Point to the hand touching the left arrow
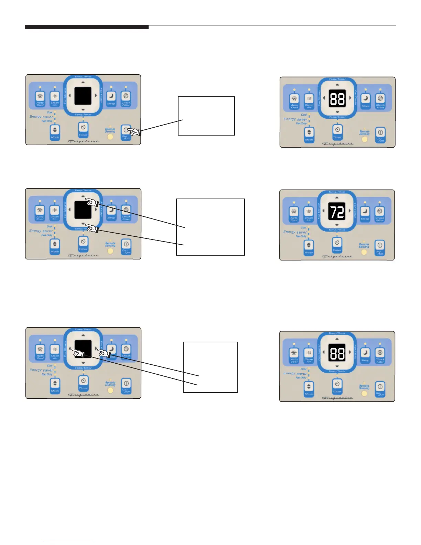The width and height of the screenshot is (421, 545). pos(78,353)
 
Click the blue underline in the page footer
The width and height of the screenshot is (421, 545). pos(68,542)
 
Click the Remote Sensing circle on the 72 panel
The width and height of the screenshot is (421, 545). pos(364,252)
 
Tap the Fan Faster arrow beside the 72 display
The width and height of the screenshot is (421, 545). pos(350,211)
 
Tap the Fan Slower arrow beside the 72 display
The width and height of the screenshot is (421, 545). pos(324,211)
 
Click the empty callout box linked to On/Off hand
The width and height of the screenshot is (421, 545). pos(206,116)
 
